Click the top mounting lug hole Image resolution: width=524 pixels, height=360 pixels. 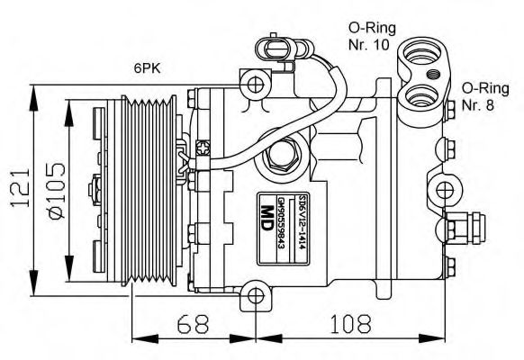click(256, 85)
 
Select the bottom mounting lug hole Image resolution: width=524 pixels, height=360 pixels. click(256, 295)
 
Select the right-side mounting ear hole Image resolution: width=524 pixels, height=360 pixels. click(444, 189)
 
